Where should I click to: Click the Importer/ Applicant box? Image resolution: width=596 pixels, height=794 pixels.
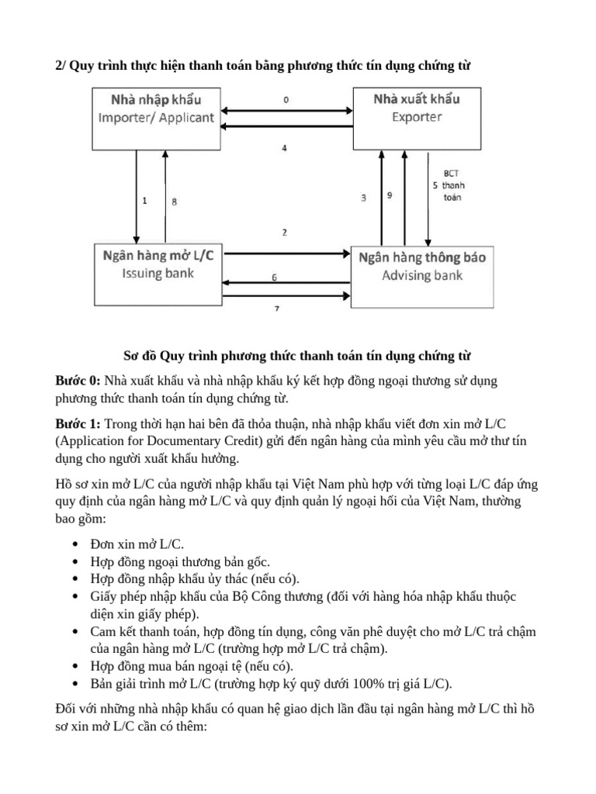156,118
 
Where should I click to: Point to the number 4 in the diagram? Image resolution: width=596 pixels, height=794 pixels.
285,147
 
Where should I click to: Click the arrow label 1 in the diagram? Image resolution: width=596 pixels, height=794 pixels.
144,200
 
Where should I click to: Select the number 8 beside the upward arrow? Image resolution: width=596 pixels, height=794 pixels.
174,202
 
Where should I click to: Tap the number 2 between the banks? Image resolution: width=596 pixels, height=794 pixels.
285,232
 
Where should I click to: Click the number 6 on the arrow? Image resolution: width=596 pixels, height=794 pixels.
273,277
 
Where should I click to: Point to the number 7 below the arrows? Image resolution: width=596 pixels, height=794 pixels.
277,309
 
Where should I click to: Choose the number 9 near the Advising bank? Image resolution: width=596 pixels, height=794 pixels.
389,196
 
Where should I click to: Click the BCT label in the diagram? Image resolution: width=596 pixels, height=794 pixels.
450,174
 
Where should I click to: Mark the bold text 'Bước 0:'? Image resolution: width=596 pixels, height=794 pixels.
78,381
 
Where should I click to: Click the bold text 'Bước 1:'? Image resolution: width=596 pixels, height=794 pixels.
78,425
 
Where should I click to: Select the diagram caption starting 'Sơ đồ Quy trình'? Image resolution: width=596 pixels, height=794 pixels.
298,356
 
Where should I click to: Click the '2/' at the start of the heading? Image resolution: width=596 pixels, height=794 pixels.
61,67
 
